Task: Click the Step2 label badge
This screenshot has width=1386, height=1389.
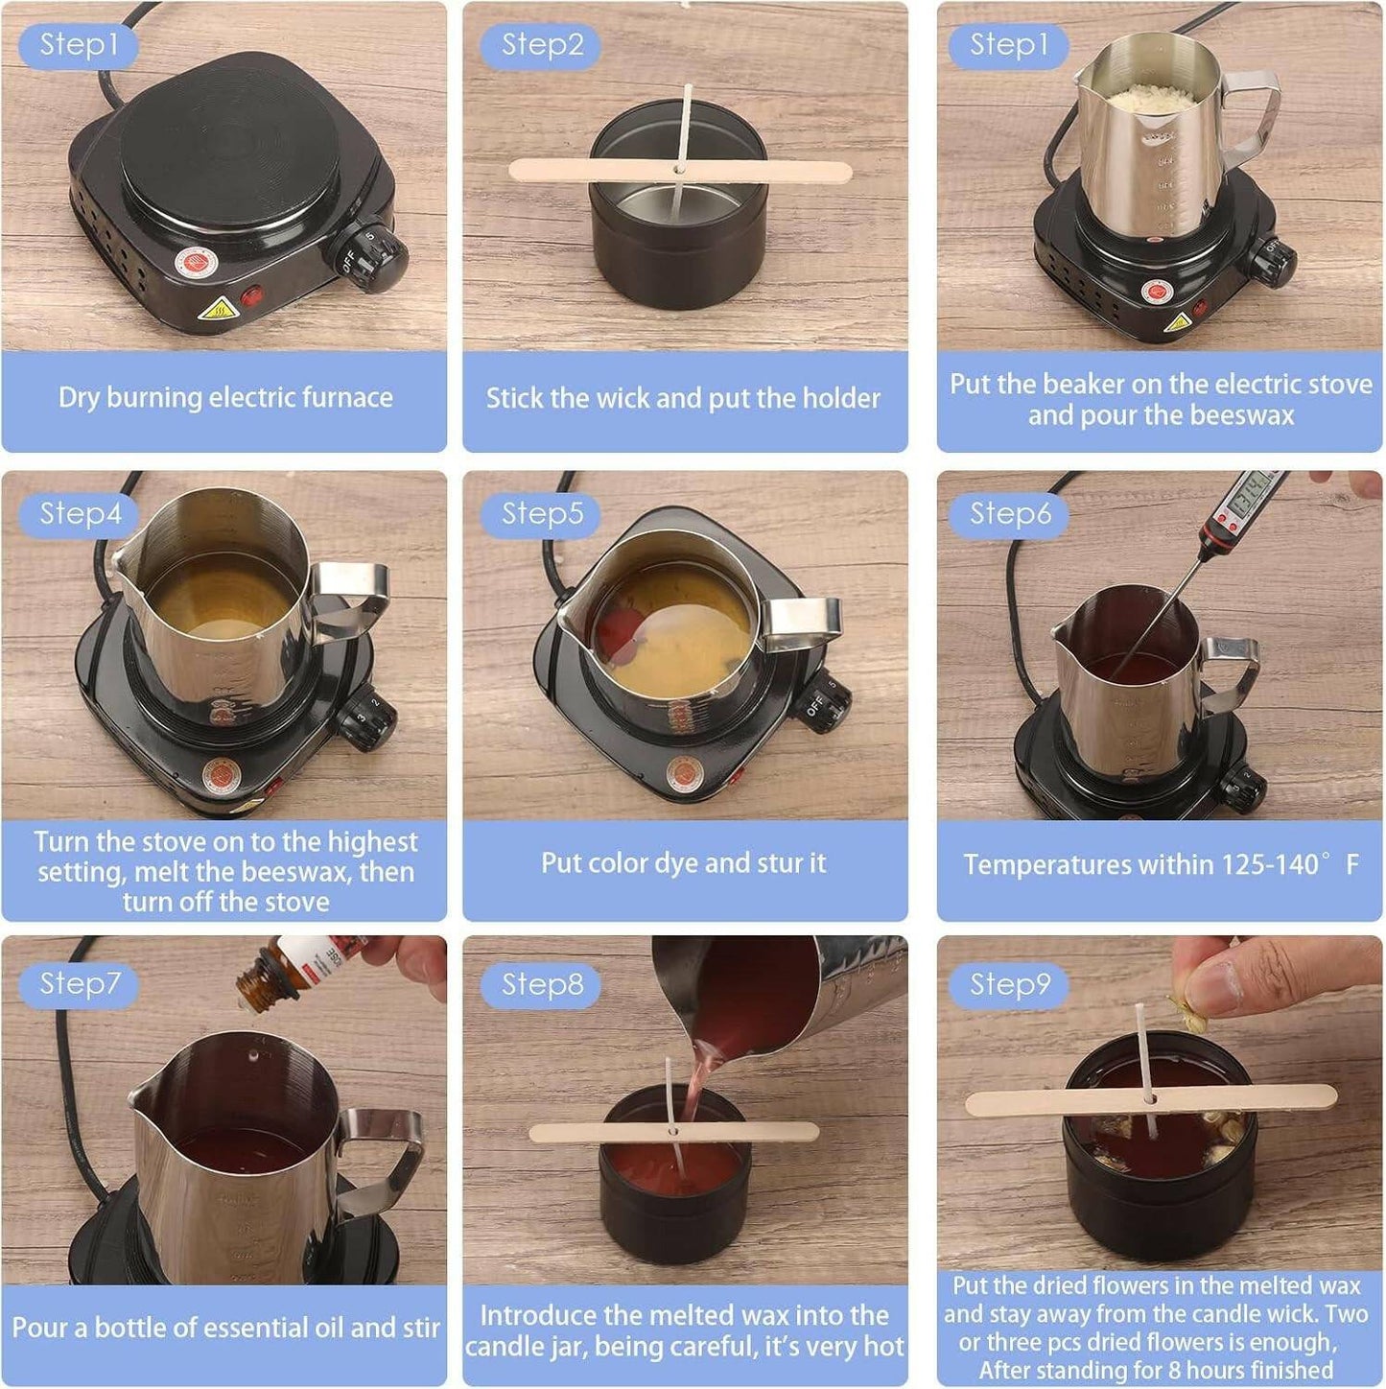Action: [541, 45]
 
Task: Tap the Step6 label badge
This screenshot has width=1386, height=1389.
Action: [1010, 514]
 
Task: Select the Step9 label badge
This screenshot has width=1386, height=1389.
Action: [1010, 984]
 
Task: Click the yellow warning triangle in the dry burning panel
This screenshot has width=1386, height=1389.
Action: [219, 310]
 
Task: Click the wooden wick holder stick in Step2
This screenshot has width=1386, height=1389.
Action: [680, 172]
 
